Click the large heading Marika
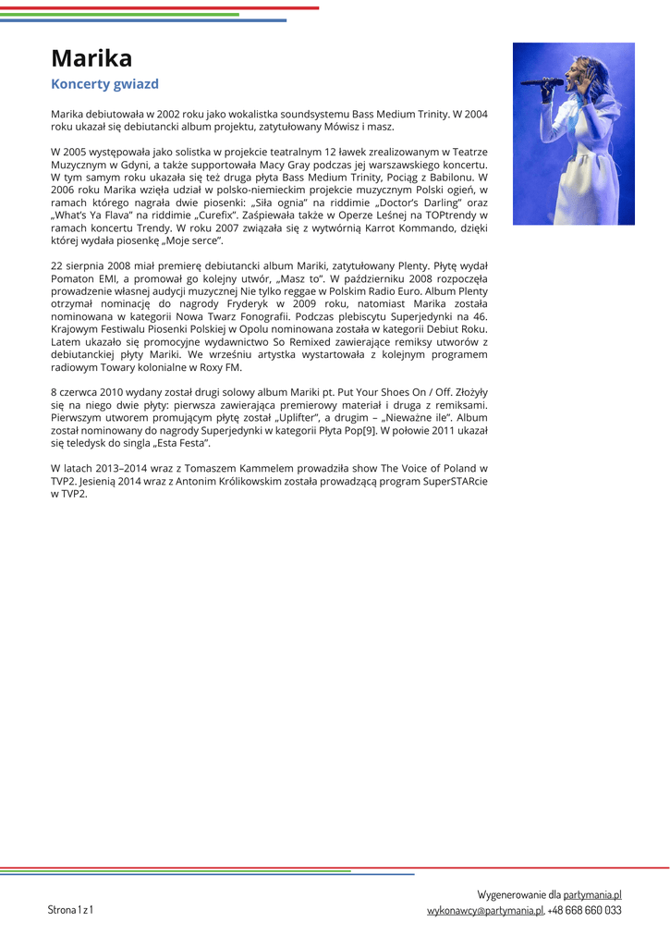point(91,58)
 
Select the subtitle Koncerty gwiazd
point(104,84)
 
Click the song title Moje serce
point(195,240)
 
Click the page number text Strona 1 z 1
point(70,910)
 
